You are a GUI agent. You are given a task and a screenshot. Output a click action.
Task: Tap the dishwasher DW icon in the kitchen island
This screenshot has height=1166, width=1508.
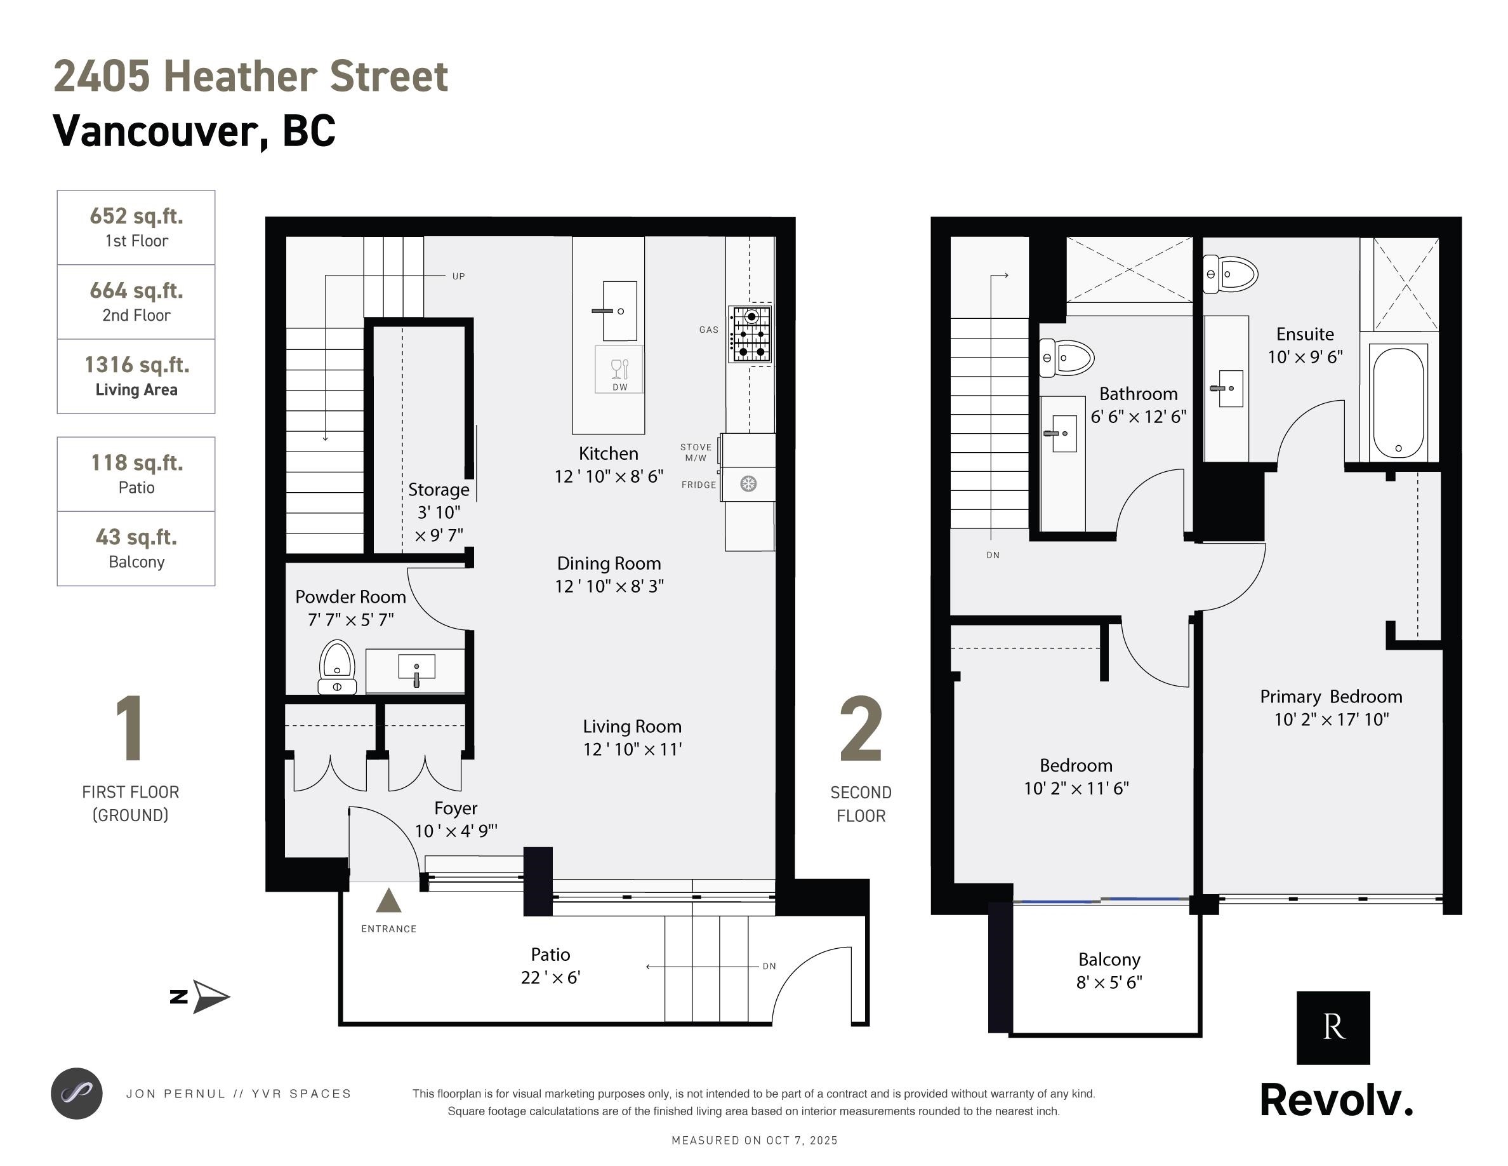coord(619,370)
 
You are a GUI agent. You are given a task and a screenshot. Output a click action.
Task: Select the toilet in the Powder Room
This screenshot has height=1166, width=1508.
coord(337,667)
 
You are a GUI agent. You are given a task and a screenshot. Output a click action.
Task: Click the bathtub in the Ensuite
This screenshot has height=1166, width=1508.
coord(1398,402)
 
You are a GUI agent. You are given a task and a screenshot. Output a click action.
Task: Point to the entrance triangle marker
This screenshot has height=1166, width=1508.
coord(388,901)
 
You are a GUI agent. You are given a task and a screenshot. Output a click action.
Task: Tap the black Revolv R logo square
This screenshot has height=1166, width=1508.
coord(1333,1028)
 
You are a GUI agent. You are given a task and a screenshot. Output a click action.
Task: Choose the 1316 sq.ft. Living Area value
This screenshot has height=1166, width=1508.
coord(136,365)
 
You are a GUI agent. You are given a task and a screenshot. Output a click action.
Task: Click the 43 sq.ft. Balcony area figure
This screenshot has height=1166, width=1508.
coord(136,537)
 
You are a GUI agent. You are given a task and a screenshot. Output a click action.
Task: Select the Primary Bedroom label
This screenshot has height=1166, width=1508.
coord(1331,696)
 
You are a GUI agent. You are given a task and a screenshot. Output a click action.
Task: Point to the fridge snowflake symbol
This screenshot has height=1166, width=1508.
coord(748,483)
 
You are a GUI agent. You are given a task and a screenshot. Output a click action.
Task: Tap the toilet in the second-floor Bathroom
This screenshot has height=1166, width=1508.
coord(1068,358)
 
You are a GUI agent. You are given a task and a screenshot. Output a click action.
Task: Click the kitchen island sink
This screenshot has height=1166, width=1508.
coord(619,311)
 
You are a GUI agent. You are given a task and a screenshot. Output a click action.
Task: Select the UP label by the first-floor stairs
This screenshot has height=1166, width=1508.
coord(458,276)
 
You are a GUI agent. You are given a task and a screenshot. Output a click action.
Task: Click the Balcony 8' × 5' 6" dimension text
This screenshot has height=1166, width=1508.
coord(1109,982)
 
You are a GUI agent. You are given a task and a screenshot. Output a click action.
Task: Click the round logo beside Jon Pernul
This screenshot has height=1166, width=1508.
coord(77,1094)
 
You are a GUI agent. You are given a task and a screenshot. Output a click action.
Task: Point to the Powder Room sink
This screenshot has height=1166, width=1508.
coord(416,669)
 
